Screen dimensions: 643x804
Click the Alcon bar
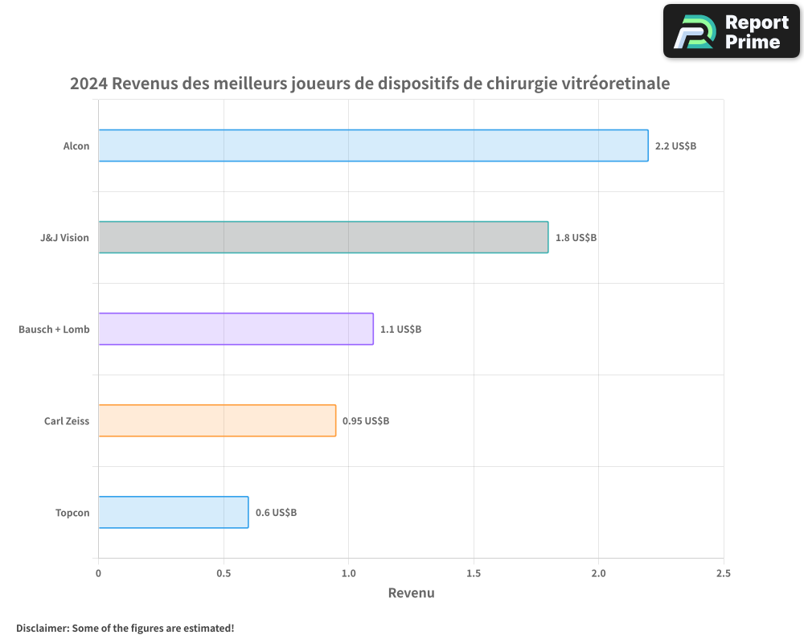[373, 145]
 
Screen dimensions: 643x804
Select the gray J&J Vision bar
[323, 237]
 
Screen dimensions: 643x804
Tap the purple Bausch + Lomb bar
[236, 329]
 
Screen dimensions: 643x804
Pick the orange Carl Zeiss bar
[217, 420]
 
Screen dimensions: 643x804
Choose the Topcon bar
[173, 512]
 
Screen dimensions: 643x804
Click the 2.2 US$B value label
[675, 146]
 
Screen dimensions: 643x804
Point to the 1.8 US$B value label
[576, 238]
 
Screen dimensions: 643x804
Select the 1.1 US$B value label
[400, 330]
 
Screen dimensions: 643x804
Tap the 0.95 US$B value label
[366, 421]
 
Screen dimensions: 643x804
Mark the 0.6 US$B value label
[276, 513]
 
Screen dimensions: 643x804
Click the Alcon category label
[76, 146]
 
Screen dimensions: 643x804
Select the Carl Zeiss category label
[67, 421]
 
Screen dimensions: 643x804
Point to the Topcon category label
[72, 513]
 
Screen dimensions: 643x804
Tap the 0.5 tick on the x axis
[224, 573]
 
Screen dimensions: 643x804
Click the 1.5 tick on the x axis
[474, 573]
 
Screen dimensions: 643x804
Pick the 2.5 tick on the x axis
[724, 573]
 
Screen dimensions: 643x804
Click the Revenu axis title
[411, 593]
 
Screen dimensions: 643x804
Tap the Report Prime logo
[732, 31]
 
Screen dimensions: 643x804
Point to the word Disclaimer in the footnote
[42, 628]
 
